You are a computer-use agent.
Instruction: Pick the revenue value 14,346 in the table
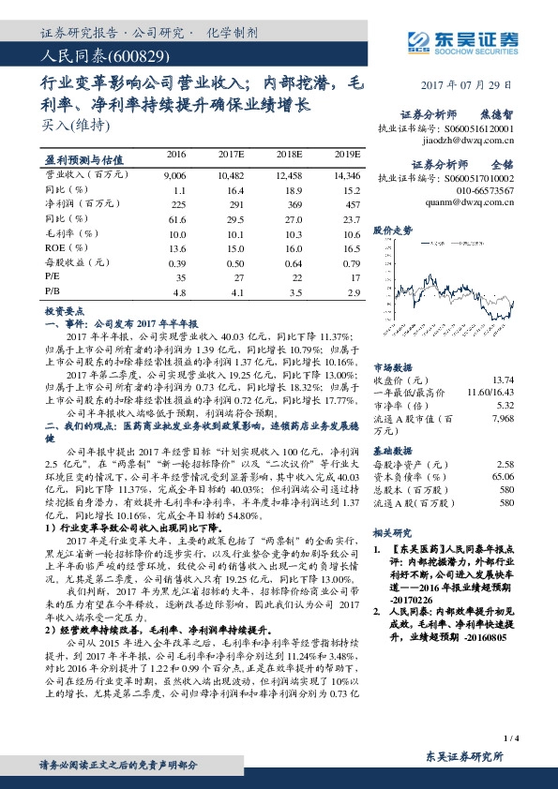tap(343, 175)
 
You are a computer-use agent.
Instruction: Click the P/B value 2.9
tap(353, 293)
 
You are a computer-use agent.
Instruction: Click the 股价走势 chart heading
tap(393, 229)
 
